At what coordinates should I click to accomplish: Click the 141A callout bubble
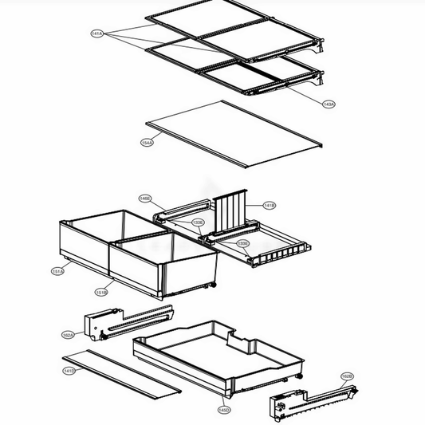96,33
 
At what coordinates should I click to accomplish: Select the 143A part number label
329,104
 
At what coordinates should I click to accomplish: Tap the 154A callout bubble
147,143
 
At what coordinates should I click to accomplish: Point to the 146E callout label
144,198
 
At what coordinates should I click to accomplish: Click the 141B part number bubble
269,206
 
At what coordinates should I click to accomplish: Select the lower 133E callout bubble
243,243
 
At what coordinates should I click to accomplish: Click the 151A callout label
57,272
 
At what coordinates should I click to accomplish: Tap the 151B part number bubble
101,293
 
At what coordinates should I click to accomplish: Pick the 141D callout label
69,371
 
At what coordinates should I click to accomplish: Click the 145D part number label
225,410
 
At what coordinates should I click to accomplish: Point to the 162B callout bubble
347,376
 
